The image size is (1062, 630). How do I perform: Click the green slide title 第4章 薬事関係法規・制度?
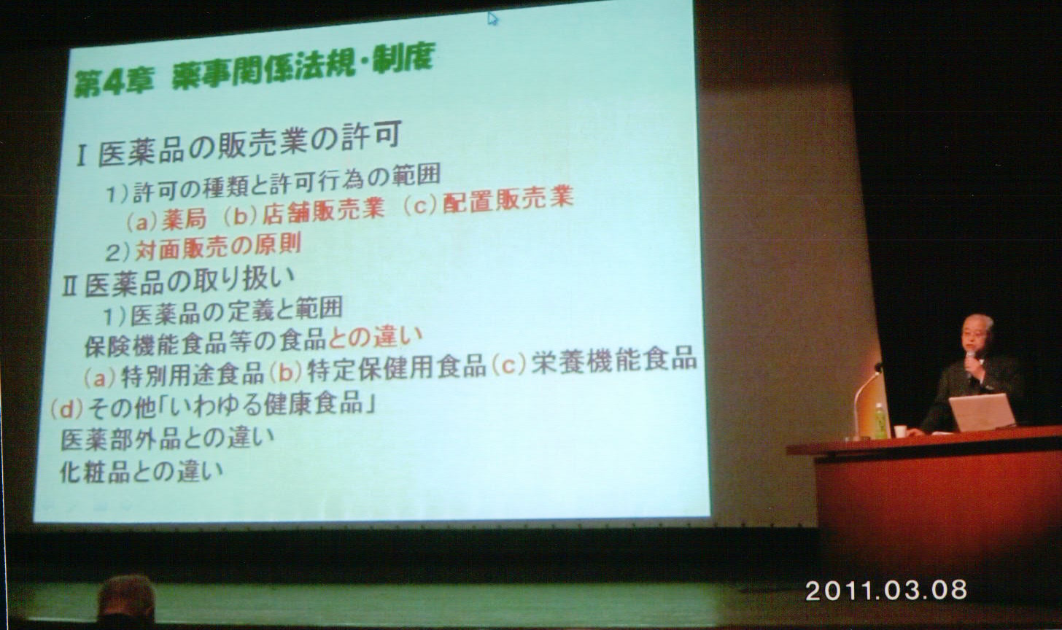[254, 71]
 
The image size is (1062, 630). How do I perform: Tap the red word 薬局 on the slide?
[185, 219]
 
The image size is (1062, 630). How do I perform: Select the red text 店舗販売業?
[323, 211]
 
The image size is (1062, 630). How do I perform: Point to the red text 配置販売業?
[508, 200]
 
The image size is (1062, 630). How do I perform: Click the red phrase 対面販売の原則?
[218, 246]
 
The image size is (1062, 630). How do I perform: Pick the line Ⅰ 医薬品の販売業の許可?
[239, 144]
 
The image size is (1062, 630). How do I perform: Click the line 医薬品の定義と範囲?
[236, 311]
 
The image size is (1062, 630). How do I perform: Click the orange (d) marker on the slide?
[67, 408]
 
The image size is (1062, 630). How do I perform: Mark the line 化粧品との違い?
[142, 471]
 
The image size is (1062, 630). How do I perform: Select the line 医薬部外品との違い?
[167, 438]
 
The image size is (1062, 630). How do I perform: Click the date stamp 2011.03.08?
[886, 591]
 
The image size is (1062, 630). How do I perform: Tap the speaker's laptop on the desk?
[982, 413]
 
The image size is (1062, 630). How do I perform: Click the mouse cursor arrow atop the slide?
[492, 18]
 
